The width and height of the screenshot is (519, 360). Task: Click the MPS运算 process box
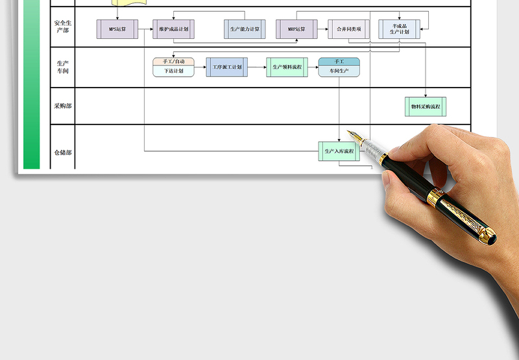(117, 29)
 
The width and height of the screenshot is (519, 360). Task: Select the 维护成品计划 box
(174, 29)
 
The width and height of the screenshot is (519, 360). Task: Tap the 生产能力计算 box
(245, 29)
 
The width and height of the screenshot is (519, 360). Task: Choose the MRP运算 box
(296, 29)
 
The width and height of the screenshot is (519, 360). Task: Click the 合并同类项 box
(349, 29)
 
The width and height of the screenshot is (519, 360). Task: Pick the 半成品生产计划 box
(399, 29)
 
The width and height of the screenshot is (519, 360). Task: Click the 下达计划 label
(174, 71)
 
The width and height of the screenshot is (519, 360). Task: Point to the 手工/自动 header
(174, 62)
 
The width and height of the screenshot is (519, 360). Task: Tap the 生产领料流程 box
(287, 67)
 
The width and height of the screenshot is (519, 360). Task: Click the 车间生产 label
(339, 71)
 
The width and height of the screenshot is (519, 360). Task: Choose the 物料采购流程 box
(426, 106)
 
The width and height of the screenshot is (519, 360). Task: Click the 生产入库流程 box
(339, 151)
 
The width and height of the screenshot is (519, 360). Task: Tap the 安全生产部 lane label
(63, 27)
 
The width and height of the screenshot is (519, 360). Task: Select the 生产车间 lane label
(63, 67)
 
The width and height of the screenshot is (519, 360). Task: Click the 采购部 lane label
(63, 106)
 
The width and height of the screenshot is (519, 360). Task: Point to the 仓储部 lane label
(63, 152)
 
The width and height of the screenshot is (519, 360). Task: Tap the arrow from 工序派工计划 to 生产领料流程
(257, 67)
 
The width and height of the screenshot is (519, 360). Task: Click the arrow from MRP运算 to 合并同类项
(322, 29)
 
